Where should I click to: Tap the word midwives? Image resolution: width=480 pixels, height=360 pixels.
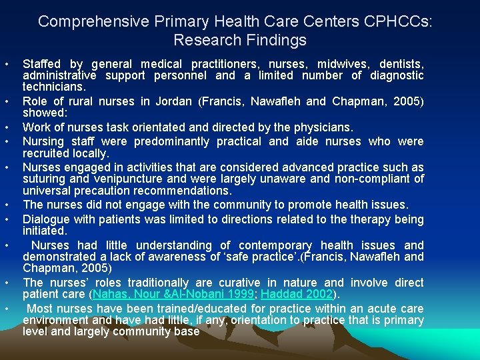pos(339,64)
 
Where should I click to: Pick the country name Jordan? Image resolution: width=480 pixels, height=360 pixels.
pos(173,101)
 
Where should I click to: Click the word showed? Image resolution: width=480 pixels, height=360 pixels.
pos(42,113)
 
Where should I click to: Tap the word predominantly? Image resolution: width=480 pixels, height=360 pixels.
pos(174,141)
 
